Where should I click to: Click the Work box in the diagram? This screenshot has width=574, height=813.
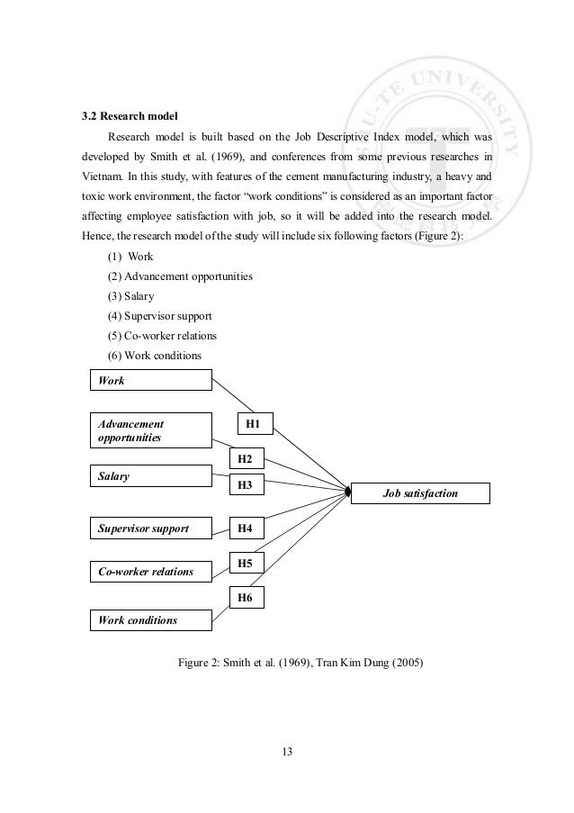(x=150, y=381)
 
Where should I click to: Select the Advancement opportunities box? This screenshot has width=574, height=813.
(x=150, y=429)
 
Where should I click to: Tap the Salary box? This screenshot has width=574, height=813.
(x=150, y=475)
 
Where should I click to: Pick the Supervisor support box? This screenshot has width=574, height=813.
(x=150, y=528)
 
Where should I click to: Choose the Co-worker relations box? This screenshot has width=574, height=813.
(x=150, y=572)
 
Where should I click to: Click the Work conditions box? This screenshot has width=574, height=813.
(x=150, y=619)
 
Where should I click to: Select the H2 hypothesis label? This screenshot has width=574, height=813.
(x=245, y=459)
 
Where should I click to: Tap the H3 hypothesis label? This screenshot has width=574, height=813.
(x=245, y=485)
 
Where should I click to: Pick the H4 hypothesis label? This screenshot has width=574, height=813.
(x=245, y=528)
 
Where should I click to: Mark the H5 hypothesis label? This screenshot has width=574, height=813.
(x=245, y=564)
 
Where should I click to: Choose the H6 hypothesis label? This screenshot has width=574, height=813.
(x=245, y=596)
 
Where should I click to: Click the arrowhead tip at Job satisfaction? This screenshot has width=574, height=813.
(x=349, y=492)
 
